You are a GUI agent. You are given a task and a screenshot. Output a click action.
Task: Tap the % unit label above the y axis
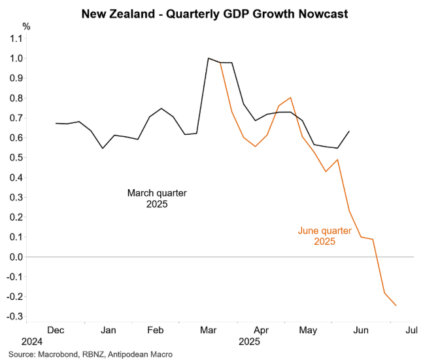[26, 27]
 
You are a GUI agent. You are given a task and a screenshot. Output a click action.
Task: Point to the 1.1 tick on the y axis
[16, 39]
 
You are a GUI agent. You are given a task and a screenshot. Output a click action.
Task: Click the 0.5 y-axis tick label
[16, 158]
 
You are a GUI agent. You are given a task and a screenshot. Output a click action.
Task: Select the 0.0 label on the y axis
[16, 257]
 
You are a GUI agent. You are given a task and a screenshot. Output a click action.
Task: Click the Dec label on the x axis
[57, 330]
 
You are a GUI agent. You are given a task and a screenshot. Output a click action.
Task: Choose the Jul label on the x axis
[411, 330]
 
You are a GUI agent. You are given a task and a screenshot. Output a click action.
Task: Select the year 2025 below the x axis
[249, 342]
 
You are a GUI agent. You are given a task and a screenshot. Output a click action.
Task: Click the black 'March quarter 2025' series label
[157, 198]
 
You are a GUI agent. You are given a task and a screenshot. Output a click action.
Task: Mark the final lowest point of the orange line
[396, 306]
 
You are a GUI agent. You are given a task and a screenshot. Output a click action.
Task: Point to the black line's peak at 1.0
[208, 58]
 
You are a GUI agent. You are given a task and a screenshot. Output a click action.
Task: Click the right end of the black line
[349, 131]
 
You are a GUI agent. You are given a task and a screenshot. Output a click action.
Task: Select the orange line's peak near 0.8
[290, 98]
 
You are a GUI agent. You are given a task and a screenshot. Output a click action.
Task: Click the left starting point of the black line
[56, 123]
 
